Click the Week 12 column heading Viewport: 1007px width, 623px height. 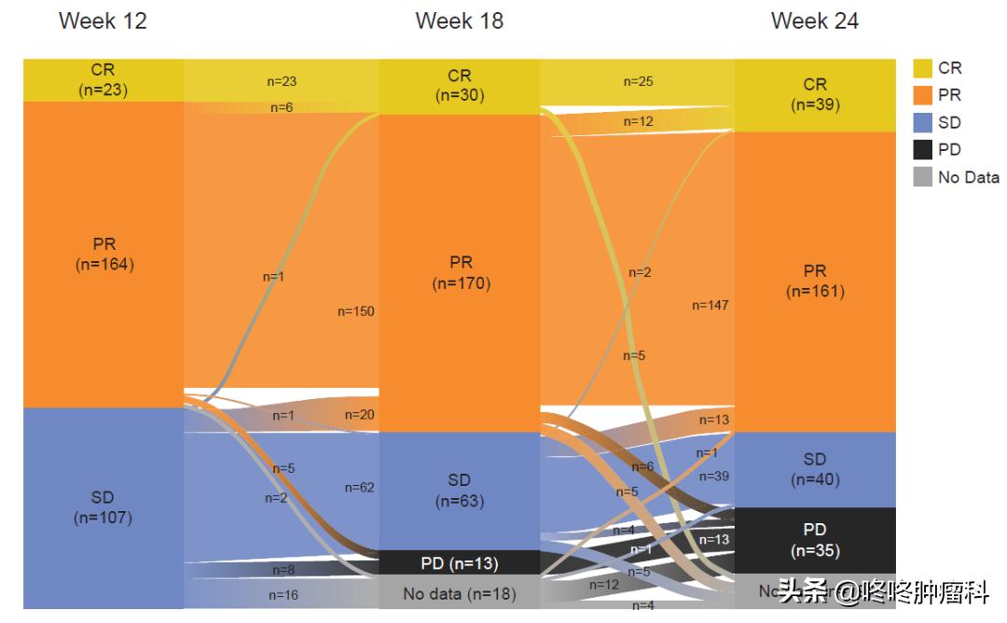pos(103,21)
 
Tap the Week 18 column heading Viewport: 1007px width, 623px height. pos(459,21)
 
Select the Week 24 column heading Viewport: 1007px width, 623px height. pos(814,21)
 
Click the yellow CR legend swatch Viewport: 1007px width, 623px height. pos(922,68)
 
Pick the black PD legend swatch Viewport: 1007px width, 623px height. pos(922,149)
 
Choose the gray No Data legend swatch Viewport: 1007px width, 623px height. pos(922,177)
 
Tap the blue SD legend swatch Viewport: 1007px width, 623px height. pos(922,122)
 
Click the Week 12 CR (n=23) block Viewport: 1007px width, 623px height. pos(103,80)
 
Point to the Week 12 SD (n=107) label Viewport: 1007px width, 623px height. pos(103,507)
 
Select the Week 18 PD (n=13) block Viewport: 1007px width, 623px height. pos(459,563)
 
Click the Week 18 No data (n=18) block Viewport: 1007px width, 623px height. pos(459,593)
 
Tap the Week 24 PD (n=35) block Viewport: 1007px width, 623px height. pos(814,540)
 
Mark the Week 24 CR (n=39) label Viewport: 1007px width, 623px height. pos(814,95)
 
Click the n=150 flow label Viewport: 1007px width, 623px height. pos(355,311)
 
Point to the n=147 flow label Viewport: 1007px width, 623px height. pos(710,305)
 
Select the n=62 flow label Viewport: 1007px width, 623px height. pos(359,487)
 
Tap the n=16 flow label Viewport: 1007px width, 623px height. pos(283,594)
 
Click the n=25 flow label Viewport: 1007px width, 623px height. pos(638,82)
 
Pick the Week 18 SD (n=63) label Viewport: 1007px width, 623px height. pos(459,491)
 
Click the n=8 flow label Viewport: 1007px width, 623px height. pos(283,570)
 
